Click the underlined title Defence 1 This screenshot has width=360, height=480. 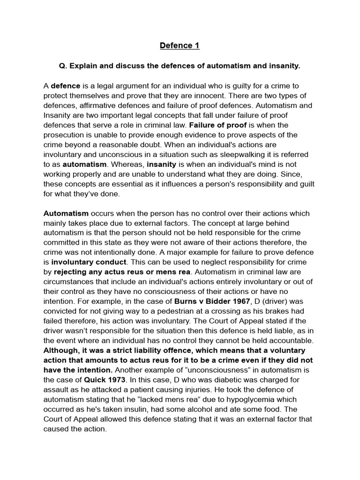(180, 45)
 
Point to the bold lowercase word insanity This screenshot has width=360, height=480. (162, 165)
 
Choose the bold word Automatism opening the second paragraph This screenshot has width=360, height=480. (66, 213)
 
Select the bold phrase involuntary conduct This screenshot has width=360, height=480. (88, 262)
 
